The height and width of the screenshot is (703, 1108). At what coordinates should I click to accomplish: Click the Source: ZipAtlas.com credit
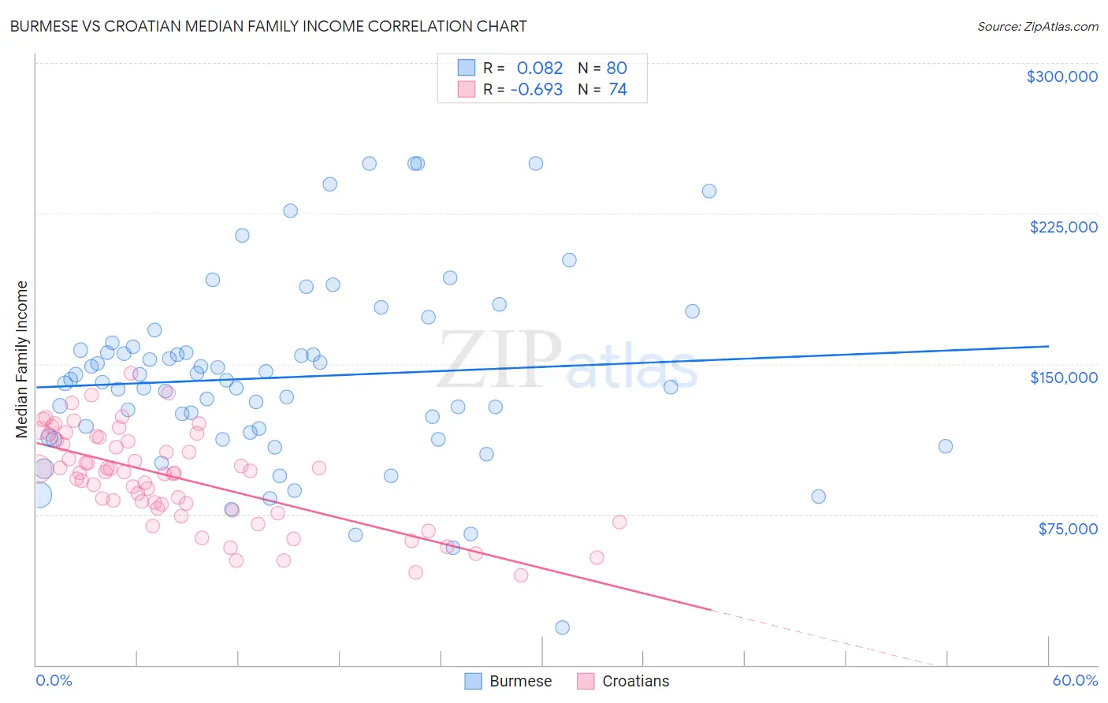pos(1037,26)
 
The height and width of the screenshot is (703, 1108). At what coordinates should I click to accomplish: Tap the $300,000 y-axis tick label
pos(1062,76)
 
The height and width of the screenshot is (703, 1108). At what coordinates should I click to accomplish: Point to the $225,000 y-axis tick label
pos(1063,227)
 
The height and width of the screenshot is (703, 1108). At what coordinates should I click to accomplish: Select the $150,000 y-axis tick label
pos(1063,378)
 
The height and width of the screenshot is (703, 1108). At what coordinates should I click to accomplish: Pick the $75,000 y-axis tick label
pos(1067,528)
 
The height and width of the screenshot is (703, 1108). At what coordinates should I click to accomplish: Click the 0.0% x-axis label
pos(54,680)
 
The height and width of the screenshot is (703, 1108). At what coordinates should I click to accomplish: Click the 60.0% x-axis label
pos(1074,680)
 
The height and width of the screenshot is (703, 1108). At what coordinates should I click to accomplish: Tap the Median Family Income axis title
pos(22,359)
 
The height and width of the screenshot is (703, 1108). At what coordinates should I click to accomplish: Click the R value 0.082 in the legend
pos(540,69)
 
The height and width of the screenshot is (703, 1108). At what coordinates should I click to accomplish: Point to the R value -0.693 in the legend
pos(536,90)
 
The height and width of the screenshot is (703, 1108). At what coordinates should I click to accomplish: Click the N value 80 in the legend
pos(616,69)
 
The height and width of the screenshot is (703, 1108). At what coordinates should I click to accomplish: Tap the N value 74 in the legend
pos(617,90)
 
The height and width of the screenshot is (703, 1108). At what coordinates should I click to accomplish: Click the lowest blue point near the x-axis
pos(562,627)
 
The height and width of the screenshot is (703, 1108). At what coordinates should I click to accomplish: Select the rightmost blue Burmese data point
pos(945,446)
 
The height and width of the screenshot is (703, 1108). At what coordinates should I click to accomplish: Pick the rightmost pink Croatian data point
pos(619,522)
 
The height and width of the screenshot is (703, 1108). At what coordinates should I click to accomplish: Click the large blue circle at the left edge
pos(38,495)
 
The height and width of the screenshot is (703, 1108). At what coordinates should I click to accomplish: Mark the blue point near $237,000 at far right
pos(708,191)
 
